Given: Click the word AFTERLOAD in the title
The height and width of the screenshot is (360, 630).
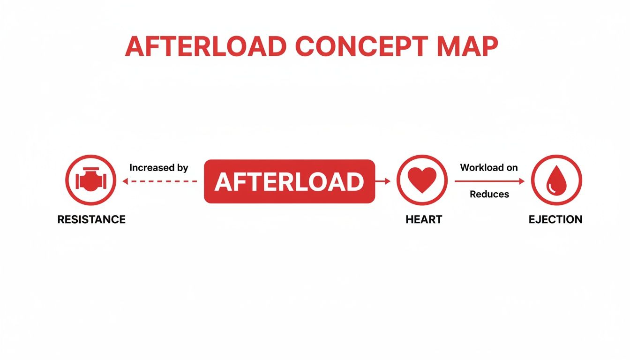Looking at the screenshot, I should pyautogui.click(x=206, y=47).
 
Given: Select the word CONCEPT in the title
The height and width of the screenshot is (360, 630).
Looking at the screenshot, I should pyautogui.click(x=361, y=47).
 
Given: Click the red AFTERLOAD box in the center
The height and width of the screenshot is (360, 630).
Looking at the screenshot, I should pyautogui.click(x=289, y=181).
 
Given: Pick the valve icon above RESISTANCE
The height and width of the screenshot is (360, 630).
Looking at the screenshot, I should pyautogui.click(x=91, y=180).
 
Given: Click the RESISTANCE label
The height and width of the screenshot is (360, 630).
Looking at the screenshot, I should pyautogui.click(x=91, y=219).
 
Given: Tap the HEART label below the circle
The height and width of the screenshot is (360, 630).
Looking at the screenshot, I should pyautogui.click(x=424, y=219).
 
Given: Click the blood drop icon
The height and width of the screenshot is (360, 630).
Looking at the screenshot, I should pyautogui.click(x=556, y=180).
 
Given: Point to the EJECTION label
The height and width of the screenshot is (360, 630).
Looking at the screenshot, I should pyautogui.click(x=555, y=219).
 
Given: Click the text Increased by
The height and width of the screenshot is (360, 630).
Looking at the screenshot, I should pyautogui.click(x=159, y=168).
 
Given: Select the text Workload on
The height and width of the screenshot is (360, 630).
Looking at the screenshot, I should pyautogui.click(x=489, y=168).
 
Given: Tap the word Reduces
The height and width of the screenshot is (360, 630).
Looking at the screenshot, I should pyautogui.click(x=489, y=194).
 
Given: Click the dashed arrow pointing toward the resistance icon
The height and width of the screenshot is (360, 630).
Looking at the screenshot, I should pyautogui.click(x=159, y=181).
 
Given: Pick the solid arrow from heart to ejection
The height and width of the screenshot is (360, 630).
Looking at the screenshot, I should pyautogui.click(x=489, y=181).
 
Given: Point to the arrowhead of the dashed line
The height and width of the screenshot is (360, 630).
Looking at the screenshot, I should pyautogui.click(x=124, y=181).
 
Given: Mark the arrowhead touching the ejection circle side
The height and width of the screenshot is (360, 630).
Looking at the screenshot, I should pyautogui.click(x=522, y=181).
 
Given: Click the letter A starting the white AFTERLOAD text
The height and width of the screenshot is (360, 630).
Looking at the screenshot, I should pyautogui.click(x=222, y=182).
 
